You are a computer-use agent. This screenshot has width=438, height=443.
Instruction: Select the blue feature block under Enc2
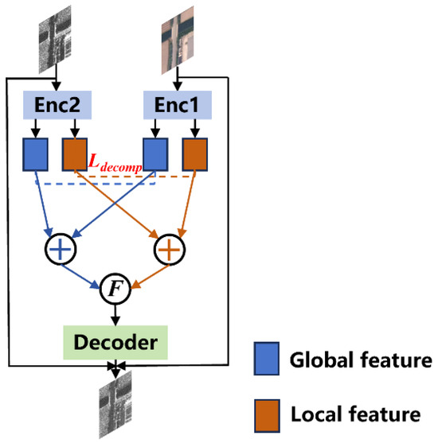tap(37, 154)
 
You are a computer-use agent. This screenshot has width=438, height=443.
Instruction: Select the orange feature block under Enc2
tap(74, 154)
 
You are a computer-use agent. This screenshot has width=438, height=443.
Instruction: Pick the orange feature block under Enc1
tap(195, 154)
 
